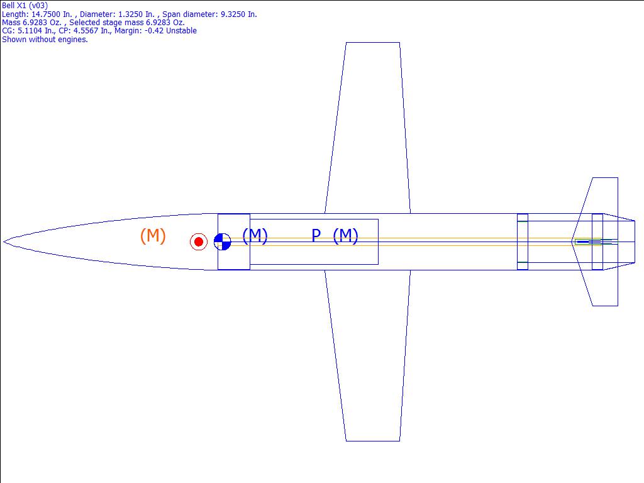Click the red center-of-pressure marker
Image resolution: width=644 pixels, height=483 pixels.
[x=198, y=241]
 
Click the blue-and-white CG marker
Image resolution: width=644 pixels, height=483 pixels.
[x=223, y=241]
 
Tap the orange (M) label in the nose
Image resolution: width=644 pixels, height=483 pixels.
[x=153, y=236]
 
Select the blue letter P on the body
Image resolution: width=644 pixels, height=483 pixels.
[x=316, y=235]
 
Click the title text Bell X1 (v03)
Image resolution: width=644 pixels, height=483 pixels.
[x=25, y=5]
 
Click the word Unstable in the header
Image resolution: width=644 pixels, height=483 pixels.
[x=181, y=31]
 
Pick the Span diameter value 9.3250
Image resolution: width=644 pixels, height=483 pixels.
[x=235, y=14]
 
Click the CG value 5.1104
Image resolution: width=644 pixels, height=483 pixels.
[x=30, y=31]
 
